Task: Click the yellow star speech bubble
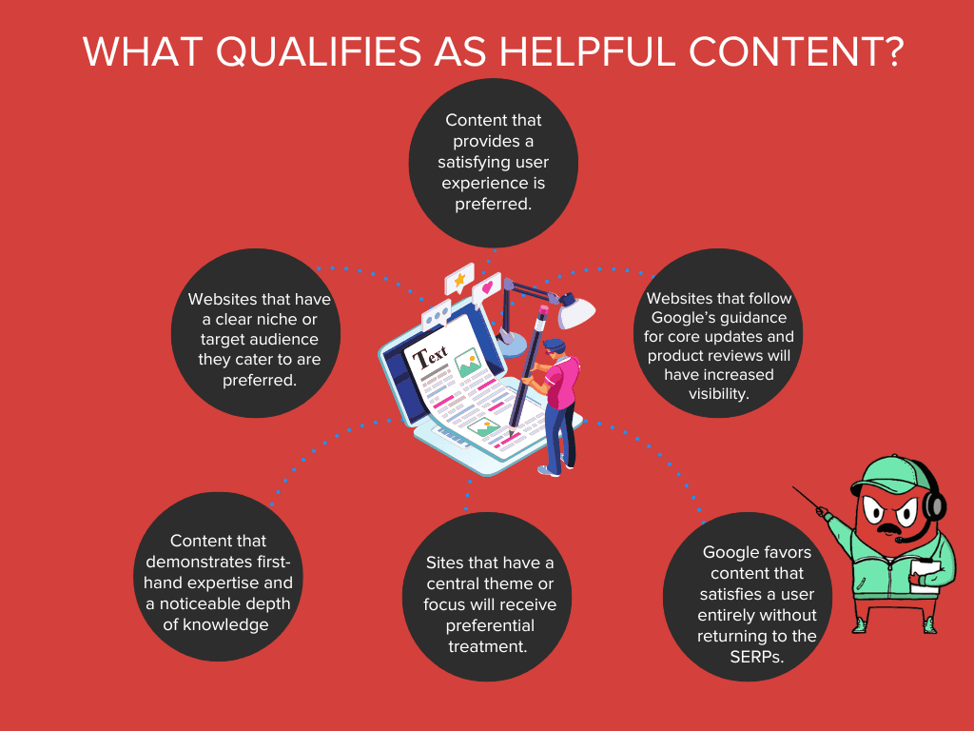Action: tap(458, 280)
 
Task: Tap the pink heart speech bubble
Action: tap(487, 286)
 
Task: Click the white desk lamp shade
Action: tap(575, 310)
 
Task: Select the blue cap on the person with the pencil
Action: tap(555, 345)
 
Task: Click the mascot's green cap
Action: tap(887, 473)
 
